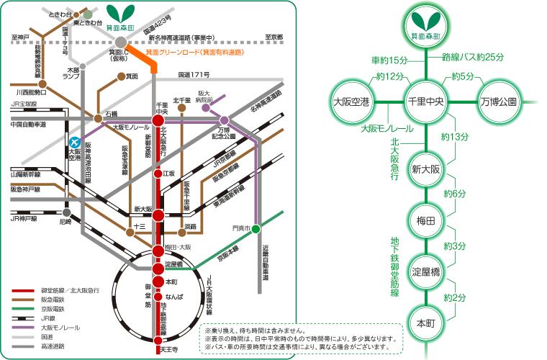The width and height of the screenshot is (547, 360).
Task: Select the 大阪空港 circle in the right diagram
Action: coord(351,102)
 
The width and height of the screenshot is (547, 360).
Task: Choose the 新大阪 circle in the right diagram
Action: coord(425,170)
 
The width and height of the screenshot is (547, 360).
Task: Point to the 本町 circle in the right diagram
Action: coord(425,321)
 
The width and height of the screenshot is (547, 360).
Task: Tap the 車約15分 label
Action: coord(389,59)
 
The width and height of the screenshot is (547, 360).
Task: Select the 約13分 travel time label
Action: coord(455,137)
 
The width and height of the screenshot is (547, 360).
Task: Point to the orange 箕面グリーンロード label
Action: coord(194,53)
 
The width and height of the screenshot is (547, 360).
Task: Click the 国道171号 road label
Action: coord(194,74)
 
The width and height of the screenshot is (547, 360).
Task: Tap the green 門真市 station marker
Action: coord(256,229)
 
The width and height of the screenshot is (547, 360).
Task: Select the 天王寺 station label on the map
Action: coord(167,349)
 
